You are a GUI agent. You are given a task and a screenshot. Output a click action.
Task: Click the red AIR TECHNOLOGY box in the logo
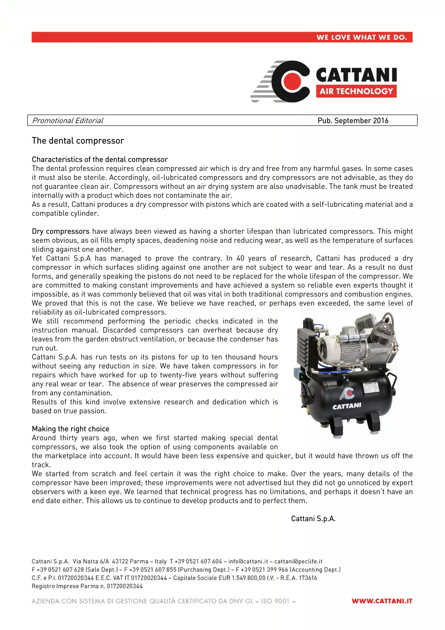(356, 91)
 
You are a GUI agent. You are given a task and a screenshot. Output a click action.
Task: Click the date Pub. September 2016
(353, 120)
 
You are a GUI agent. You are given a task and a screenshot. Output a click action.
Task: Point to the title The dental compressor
(78, 141)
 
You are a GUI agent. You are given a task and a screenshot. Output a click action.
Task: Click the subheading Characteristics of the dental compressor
(100, 159)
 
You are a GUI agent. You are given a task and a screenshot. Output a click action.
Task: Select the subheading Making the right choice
(70, 429)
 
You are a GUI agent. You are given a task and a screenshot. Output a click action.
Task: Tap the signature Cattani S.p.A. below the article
(313, 518)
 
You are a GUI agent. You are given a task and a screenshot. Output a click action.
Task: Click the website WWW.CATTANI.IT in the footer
(382, 601)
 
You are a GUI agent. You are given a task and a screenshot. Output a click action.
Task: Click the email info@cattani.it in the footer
(248, 561)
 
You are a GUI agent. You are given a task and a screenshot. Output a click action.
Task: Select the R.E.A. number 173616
(308, 578)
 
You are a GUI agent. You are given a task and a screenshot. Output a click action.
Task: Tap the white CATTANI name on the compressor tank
(347, 406)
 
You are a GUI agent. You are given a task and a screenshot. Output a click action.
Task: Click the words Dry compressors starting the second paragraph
(61, 231)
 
